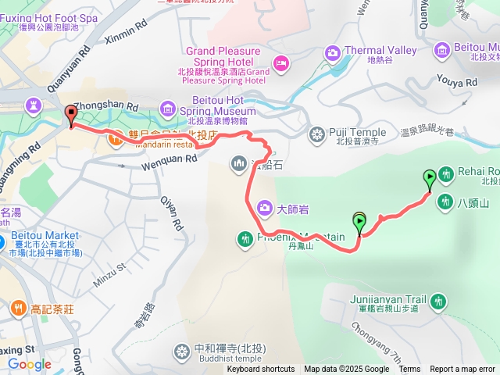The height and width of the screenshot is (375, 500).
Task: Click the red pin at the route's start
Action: click(x=71, y=114)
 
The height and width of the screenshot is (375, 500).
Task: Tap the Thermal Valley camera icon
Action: click(x=333, y=52)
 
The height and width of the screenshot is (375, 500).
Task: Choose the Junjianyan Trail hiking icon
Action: click(x=438, y=301)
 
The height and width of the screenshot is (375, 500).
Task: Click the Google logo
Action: click(x=29, y=364)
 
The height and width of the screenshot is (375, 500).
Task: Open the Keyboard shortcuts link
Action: click(x=261, y=370)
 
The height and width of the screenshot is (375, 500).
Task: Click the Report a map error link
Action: click(x=462, y=370)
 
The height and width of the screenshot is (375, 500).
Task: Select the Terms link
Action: click(x=409, y=370)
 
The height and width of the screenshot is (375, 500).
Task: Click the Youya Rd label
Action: click(x=458, y=80)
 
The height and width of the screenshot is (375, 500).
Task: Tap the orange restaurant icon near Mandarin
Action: click(x=115, y=139)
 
